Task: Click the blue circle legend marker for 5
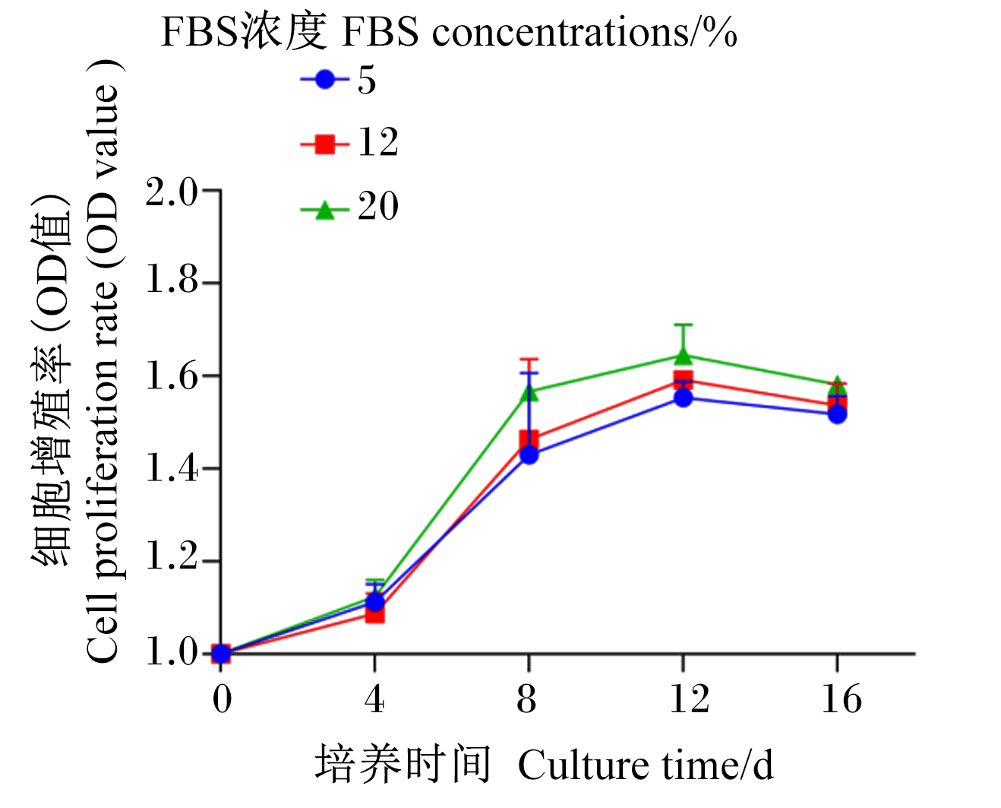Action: tap(324, 79)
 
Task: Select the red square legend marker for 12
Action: tap(324, 144)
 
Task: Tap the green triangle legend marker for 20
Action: tap(324, 209)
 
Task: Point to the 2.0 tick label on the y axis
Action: tap(171, 192)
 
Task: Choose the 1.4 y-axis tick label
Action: tap(171, 469)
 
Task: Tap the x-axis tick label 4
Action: tap(375, 699)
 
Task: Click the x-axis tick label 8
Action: tap(526, 699)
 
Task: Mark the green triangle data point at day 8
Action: tap(529, 392)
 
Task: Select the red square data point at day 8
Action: tap(529, 440)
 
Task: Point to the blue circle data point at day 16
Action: tap(838, 414)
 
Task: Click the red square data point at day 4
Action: tap(374, 614)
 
